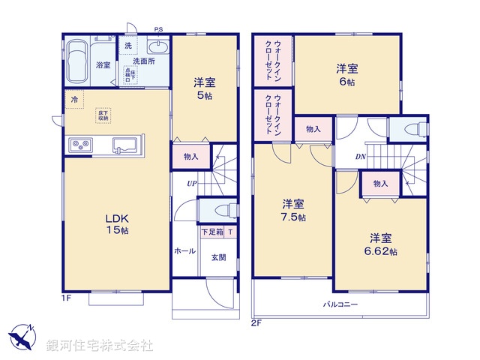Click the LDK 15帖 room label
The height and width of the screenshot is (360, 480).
coord(116,224)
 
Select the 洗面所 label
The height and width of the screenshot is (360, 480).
coord(145,61)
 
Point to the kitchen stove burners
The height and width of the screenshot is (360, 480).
coord(80,144)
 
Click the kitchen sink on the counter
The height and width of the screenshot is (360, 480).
coord(124,144)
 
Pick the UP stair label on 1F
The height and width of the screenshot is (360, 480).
coord(193,183)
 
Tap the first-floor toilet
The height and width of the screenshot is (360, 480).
coord(218,210)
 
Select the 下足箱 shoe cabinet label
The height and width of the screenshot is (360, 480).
coord(211,232)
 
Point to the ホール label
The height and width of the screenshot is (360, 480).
coord(185,251)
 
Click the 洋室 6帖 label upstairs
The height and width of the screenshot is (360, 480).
coord(346,73)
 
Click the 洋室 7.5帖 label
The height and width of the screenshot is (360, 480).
coord(293,211)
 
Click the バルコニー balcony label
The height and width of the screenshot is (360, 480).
coord(340,304)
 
